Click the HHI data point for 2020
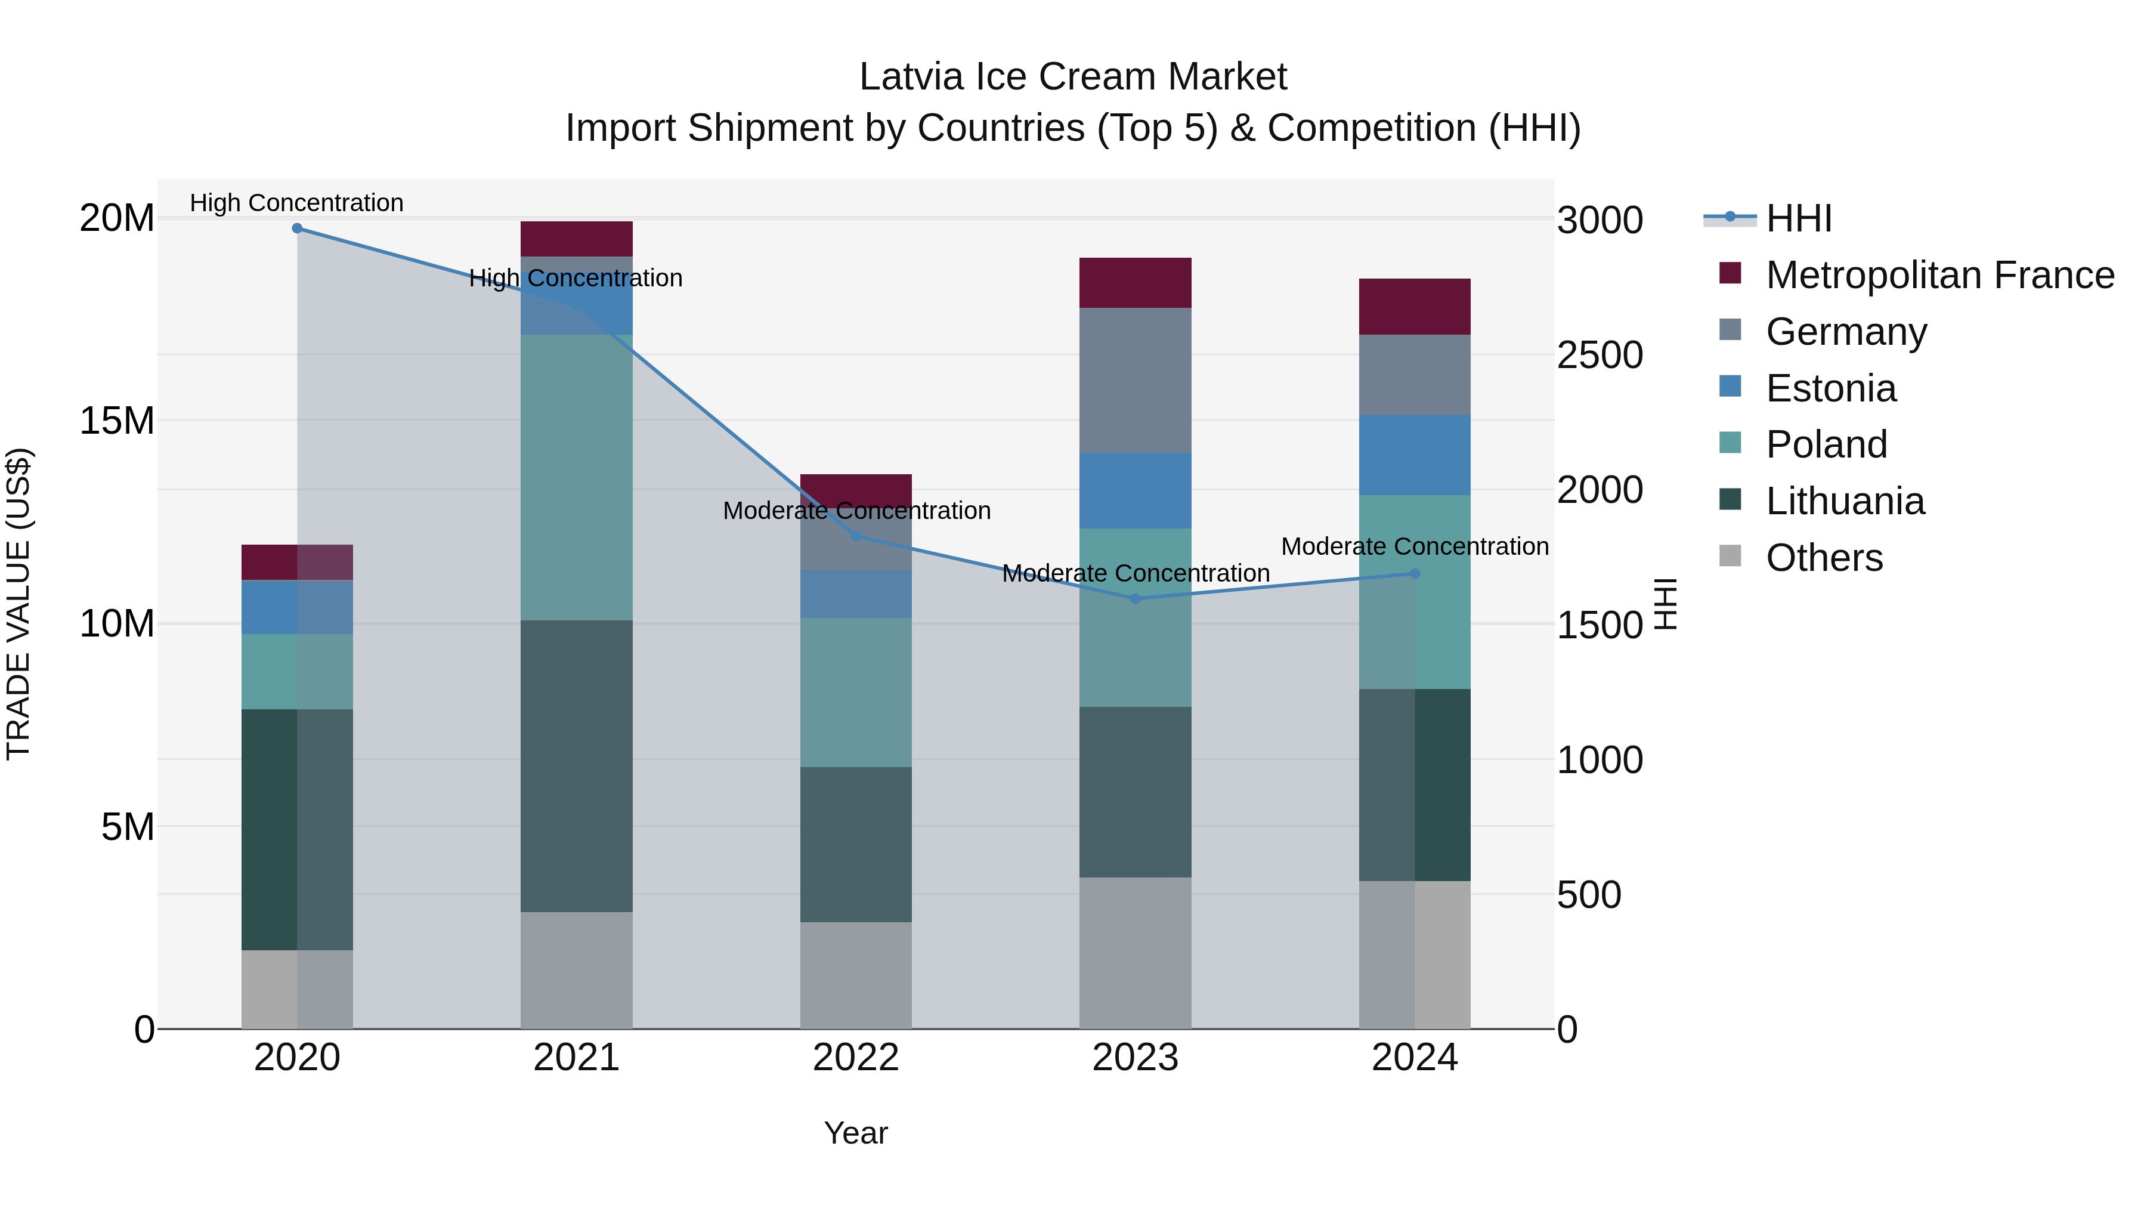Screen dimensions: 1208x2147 click(x=297, y=228)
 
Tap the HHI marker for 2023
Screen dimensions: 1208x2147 click(x=1134, y=598)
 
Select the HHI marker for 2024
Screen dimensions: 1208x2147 click(x=1415, y=573)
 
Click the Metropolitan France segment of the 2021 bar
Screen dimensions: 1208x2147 click(x=576, y=239)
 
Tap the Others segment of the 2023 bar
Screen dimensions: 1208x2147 click(x=1134, y=953)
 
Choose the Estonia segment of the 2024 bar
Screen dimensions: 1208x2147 click(x=1415, y=455)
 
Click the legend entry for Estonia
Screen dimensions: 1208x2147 click(x=1830, y=388)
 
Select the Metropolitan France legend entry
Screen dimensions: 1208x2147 click(x=1939, y=275)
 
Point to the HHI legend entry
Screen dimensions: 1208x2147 click(x=1799, y=218)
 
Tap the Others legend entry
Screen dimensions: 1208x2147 click(x=1824, y=558)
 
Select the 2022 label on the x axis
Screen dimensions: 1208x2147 click(x=855, y=1058)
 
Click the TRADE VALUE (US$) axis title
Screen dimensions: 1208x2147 click(x=18, y=604)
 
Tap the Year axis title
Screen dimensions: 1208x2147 click(x=855, y=1133)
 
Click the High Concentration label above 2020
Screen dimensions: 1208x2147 click(x=297, y=203)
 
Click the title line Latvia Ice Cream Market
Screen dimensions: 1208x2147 click(x=1073, y=77)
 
